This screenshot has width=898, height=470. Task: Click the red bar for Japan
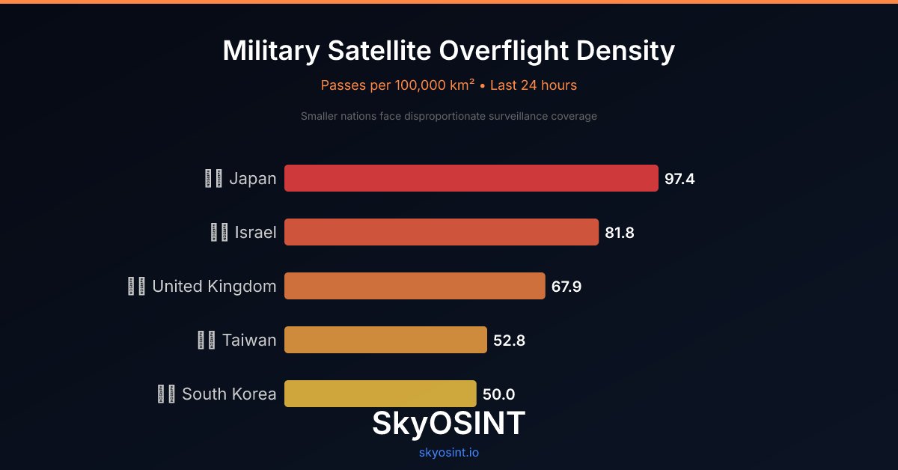[471, 178]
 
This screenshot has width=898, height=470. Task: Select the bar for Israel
[442, 232]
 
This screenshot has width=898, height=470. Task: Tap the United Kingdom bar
[415, 286]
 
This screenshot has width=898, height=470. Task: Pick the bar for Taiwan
[385, 340]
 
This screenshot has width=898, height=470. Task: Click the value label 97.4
[679, 179]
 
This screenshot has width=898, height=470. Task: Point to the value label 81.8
[620, 233]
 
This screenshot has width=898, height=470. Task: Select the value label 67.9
[566, 287]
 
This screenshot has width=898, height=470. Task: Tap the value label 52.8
[509, 341]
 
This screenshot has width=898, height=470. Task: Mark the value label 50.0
[498, 394]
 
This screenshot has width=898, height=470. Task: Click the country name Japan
[253, 179]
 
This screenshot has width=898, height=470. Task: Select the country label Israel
[255, 233]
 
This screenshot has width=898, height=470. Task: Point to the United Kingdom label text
[214, 287]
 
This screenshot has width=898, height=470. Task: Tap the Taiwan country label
[249, 341]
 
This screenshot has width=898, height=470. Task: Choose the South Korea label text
[229, 394]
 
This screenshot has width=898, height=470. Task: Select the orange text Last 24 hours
[534, 85]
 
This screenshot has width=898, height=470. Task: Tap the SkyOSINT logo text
[449, 424]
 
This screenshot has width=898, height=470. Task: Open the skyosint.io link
[449, 453]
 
